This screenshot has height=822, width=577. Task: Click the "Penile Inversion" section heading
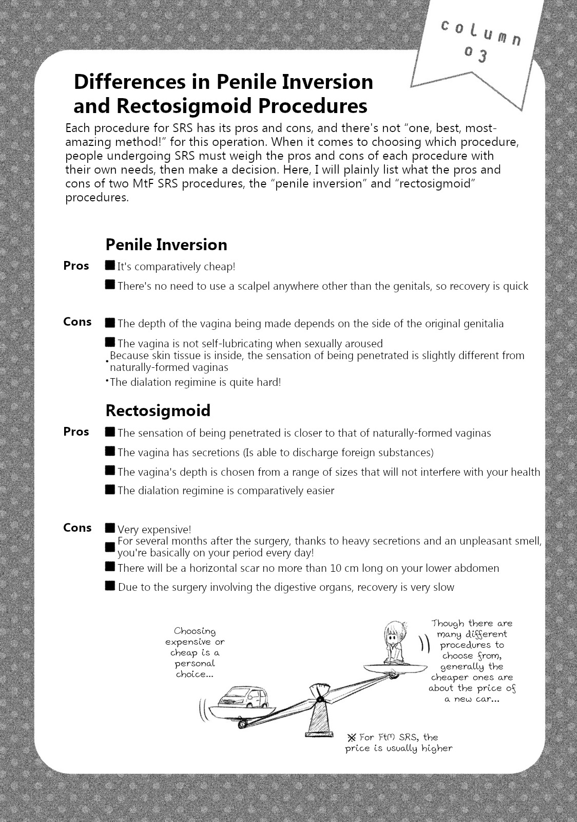(x=166, y=245)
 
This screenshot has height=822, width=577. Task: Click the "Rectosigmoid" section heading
(x=158, y=410)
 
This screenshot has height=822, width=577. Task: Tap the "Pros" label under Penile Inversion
(x=76, y=266)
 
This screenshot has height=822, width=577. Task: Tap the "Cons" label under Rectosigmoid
(x=77, y=528)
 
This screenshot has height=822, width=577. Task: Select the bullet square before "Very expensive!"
(x=110, y=528)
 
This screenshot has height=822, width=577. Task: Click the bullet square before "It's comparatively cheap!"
(x=110, y=265)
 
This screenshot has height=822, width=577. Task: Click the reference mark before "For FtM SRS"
(x=352, y=737)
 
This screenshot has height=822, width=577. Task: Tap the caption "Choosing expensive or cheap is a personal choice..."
(x=195, y=652)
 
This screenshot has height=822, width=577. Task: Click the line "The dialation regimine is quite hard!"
(x=195, y=382)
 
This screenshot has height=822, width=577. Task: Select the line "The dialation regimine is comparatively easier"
(x=225, y=491)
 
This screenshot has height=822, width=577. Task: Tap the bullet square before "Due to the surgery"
(x=110, y=586)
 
